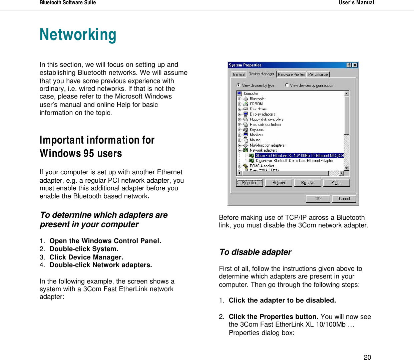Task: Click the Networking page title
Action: coord(78,35)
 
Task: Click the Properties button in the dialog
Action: coord(250,183)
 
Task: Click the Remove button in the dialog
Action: coord(308,183)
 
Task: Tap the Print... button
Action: coord(336,183)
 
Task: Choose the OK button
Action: coord(318,199)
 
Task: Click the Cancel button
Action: coord(344,199)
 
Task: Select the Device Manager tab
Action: coord(261,74)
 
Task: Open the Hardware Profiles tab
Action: coord(291,74)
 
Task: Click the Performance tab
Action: coord(318,74)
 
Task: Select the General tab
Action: coord(239,74)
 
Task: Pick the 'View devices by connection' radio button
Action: coord(287,85)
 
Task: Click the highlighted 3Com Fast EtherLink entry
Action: coord(299,156)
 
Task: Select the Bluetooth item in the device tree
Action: coord(257,99)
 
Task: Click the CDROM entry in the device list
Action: coord(256,104)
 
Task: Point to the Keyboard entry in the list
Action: coord(257,130)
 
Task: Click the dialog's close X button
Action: coord(355,65)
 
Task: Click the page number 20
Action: coord(367,357)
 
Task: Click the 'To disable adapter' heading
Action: coord(255,252)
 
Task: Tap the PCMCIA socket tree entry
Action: coord(262,166)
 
